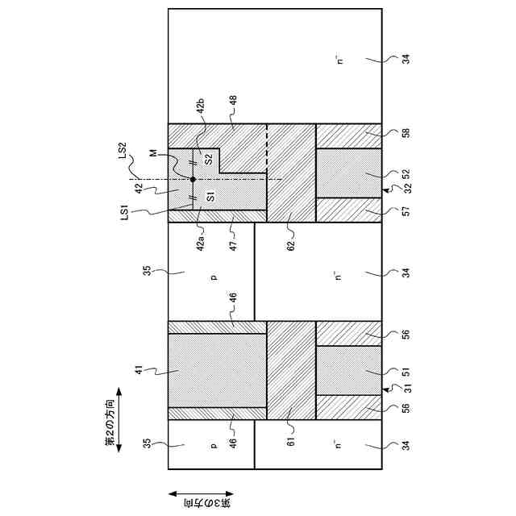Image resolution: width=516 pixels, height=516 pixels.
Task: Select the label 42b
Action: (x=202, y=105)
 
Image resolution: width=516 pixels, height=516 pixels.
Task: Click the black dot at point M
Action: (x=193, y=179)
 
